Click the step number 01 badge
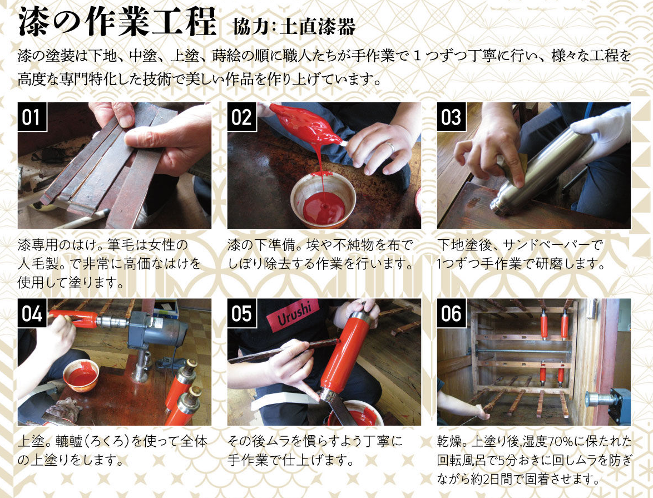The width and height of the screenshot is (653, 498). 32,117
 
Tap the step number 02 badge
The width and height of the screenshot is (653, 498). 241,117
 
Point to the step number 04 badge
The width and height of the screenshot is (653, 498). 32,313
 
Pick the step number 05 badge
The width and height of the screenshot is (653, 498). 241,313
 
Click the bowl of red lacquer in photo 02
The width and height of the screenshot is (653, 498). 323,200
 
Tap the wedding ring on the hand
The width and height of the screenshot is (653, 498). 390,146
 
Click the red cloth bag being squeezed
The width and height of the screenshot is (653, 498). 306,124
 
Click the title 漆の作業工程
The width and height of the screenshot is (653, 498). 117,21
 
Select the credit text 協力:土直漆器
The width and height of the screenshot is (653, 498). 294,26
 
